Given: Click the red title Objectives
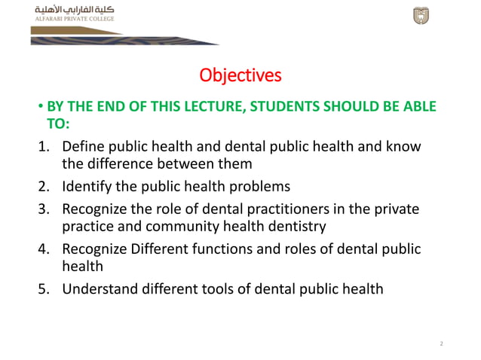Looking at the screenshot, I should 240,75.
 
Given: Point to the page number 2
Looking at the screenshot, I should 441,343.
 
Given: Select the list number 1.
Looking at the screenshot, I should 44,146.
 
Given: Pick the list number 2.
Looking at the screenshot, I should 44,185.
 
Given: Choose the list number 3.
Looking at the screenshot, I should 44,208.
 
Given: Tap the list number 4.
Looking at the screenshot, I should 44,249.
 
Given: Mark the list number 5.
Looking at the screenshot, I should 44,288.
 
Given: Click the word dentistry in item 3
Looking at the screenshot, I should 296,226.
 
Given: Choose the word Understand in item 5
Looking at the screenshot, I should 99,288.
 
